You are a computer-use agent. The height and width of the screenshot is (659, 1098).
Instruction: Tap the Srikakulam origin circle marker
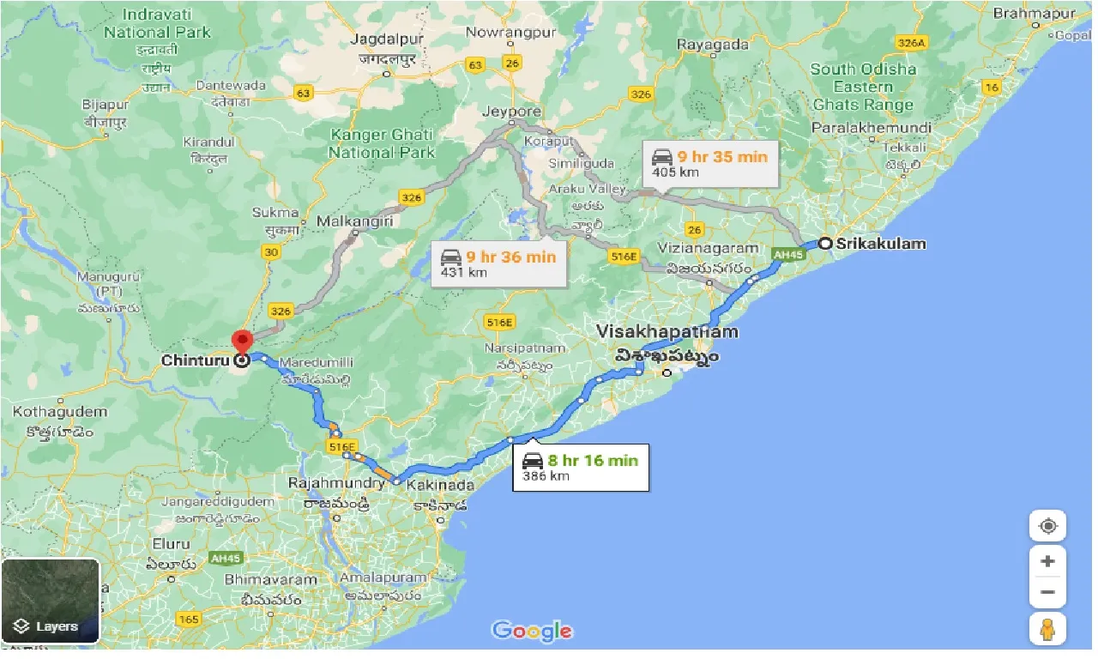(824, 244)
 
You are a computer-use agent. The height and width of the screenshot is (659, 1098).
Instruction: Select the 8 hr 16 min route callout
(580, 468)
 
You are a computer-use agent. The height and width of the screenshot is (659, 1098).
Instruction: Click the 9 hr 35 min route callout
(710, 164)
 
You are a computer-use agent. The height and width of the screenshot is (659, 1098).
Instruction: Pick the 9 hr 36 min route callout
(498, 263)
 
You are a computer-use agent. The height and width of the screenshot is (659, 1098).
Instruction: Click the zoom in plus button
(1047, 562)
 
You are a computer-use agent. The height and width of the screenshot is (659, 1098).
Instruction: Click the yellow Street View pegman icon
(1047, 630)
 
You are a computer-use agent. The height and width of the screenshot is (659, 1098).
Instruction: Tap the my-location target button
(1047, 526)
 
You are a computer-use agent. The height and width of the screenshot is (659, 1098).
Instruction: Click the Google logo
(532, 632)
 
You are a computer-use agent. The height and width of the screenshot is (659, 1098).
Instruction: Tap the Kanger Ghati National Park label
(382, 143)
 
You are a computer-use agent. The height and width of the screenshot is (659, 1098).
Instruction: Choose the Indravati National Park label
(157, 23)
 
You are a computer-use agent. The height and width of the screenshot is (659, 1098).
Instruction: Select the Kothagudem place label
(60, 412)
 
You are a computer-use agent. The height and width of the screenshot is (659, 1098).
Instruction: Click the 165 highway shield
(188, 620)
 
